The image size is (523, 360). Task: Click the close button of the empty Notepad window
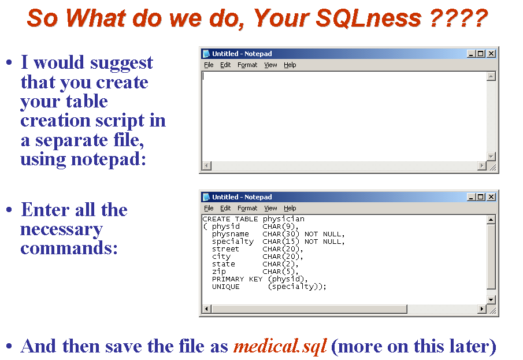[491, 53]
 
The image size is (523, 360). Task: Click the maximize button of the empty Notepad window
[481, 53]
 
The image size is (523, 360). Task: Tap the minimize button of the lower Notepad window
[470, 197]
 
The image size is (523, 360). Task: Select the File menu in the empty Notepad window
[209, 65]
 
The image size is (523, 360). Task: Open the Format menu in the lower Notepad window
[247, 208]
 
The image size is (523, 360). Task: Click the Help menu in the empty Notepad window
[290, 65]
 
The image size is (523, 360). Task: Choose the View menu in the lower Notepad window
[270, 208]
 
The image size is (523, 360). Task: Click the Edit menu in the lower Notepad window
[225, 208]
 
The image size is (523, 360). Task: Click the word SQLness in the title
[369, 18]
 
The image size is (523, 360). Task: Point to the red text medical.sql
[280, 346]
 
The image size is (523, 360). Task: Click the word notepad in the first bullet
[109, 159]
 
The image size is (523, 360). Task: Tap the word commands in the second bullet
[69, 248]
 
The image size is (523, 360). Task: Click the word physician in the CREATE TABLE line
[284, 219]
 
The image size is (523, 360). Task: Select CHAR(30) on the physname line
[281, 234]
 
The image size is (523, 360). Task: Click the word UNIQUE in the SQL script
[226, 287]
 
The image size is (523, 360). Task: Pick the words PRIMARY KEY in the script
[237, 279]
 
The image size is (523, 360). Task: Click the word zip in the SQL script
[219, 272]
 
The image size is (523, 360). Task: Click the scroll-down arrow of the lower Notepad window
[491, 299]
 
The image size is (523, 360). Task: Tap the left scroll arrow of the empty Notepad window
[206, 165]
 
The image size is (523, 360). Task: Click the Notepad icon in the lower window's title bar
[206, 197]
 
